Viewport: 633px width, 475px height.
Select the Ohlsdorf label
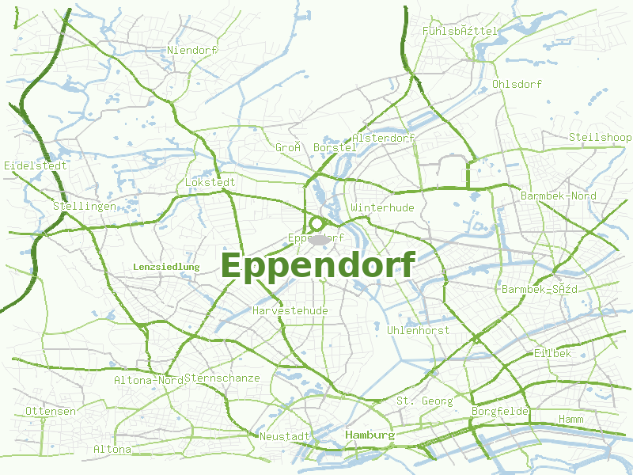[517, 84]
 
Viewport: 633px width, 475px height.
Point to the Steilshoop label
[600, 138]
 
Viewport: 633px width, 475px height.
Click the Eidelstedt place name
[36, 166]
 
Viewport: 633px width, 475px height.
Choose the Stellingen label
[85, 207]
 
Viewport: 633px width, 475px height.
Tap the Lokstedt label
[210, 183]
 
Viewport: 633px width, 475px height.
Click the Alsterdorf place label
[384, 139]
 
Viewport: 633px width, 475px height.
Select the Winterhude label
[382, 208]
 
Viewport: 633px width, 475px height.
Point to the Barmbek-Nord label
[559, 196]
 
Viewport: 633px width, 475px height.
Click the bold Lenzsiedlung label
[166, 268]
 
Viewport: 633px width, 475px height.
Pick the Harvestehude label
[290, 311]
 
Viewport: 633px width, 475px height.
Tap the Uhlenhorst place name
[419, 330]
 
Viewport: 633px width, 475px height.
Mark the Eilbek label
[552, 353]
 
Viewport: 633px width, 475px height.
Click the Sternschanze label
[222, 378]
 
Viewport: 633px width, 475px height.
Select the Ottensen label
[51, 412]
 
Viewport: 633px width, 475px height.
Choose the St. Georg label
[425, 401]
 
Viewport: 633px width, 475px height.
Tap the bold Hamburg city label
[370, 435]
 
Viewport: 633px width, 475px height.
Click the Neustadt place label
[285, 437]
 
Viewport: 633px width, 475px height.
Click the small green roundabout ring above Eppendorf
[316, 224]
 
